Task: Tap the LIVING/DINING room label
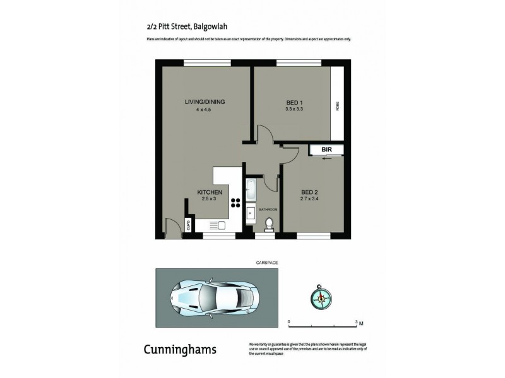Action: pos(205,102)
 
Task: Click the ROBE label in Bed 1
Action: pos(338,106)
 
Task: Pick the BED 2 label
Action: pos(309,192)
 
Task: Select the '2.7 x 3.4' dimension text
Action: pos(309,200)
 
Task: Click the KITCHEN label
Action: pos(209,192)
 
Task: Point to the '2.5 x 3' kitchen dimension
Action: pos(209,200)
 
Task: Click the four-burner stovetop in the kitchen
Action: pos(235,202)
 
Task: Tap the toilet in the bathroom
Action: pos(268,224)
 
